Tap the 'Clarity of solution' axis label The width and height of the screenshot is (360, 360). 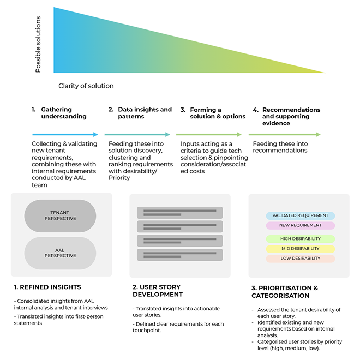86,86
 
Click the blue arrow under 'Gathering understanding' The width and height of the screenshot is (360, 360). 65,134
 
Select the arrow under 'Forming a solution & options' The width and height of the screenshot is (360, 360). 208,134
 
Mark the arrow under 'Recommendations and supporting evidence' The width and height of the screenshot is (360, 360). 284,134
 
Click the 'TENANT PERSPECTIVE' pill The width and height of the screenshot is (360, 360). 61,216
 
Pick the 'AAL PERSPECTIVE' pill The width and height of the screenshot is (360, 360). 61,253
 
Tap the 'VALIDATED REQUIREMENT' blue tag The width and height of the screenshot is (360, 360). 301,215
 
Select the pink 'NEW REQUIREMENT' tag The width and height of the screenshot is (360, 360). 301,225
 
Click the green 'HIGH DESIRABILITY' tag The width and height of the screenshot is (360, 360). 301,239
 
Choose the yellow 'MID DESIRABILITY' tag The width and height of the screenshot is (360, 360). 301,249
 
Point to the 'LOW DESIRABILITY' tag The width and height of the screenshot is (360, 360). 301,259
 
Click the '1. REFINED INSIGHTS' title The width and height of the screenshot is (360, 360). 47,287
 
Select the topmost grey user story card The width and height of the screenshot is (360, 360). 180,213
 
